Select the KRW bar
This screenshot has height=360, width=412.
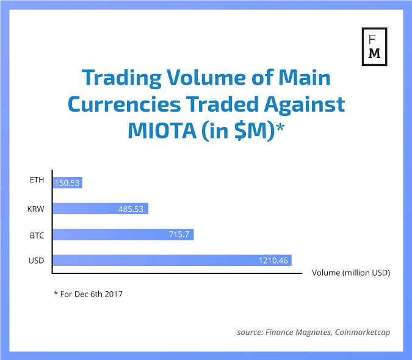pyautogui.click(x=101, y=209)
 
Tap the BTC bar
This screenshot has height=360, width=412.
pyautogui.click(x=123, y=234)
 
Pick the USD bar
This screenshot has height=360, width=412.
pyautogui.click(x=172, y=261)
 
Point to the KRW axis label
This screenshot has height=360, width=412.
pyautogui.click(x=36, y=209)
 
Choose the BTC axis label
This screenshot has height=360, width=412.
pyautogui.click(x=37, y=234)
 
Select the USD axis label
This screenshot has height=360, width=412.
pyautogui.click(x=37, y=261)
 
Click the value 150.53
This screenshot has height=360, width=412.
pyautogui.click(x=68, y=182)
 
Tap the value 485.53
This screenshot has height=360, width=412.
pyautogui.click(x=132, y=209)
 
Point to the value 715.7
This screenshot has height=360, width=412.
pyautogui.click(x=180, y=234)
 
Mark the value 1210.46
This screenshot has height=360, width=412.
pyautogui.click(x=272, y=261)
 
